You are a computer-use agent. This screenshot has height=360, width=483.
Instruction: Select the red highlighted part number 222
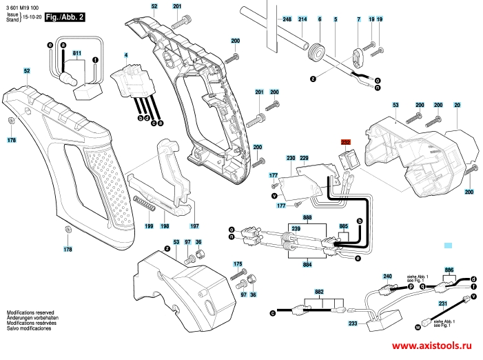346,141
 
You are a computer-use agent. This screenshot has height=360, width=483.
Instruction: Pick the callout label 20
457,105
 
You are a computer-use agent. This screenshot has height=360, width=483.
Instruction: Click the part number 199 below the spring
149,226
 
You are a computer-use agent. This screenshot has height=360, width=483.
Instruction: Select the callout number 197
194,226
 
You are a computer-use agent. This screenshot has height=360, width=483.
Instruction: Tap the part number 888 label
307,217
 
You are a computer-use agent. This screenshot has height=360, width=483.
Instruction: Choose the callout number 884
307,263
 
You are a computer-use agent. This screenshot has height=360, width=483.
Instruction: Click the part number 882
319,292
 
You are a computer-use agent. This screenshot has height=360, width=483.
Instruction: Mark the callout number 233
353,323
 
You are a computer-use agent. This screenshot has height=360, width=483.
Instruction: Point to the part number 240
387,276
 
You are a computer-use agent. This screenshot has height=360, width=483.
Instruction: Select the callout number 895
449,270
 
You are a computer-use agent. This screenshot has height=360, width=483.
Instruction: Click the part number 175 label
238,264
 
